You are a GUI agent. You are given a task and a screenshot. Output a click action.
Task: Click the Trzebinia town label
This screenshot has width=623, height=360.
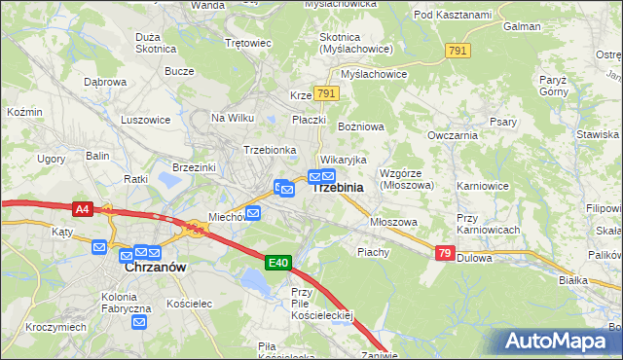click(x=339, y=188)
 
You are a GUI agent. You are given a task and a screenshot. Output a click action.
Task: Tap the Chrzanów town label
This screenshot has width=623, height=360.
click(x=156, y=266)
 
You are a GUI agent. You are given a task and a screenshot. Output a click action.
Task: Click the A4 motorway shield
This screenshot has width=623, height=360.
click(x=83, y=207)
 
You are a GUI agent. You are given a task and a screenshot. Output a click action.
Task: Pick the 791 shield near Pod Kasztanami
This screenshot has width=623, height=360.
click(x=457, y=50)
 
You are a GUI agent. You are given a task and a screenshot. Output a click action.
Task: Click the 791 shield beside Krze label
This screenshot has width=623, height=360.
click(x=327, y=94)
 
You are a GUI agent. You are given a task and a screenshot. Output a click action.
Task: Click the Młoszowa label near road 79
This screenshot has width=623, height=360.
click(x=393, y=222)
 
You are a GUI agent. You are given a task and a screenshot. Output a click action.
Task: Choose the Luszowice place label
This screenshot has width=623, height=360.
click(x=145, y=120)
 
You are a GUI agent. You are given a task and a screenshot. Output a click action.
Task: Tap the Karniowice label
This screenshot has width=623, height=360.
click(x=483, y=184)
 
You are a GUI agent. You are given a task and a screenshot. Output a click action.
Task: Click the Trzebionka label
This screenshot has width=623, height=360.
click(x=270, y=150)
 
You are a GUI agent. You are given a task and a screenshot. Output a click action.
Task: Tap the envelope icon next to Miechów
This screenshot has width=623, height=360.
click(x=253, y=213)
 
